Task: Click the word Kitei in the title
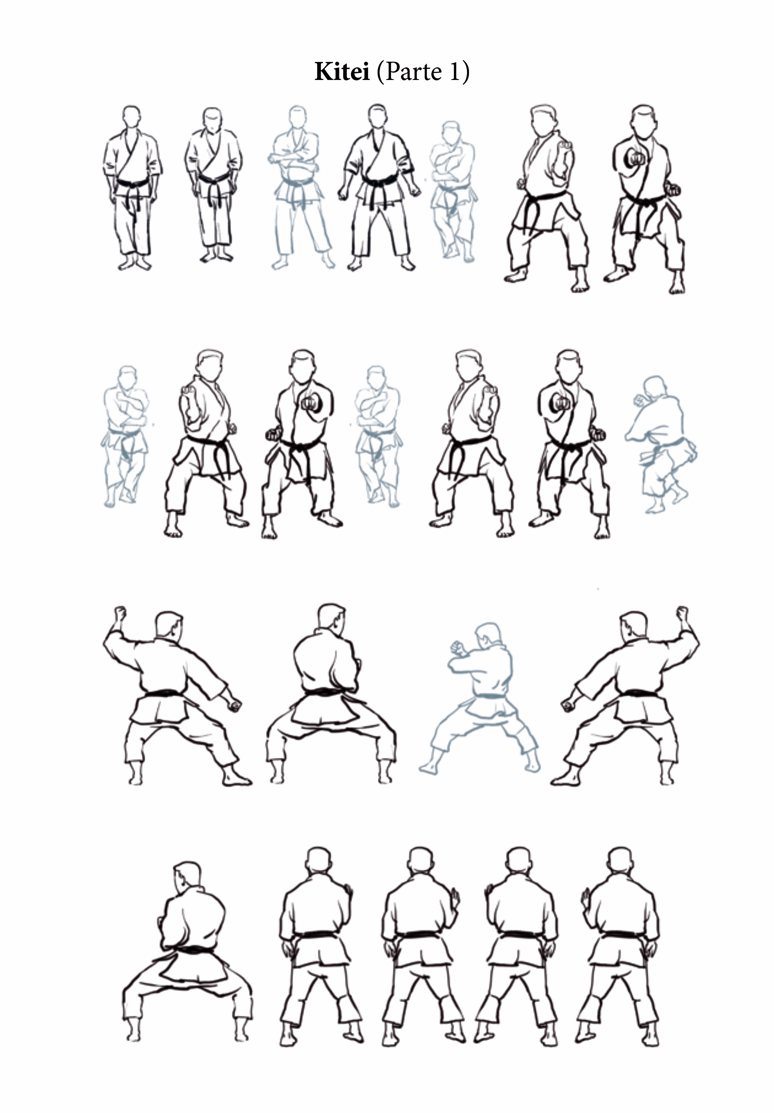[x=342, y=72]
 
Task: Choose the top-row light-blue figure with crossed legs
[x=453, y=192]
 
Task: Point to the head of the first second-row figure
[x=127, y=378]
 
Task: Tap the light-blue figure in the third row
[x=480, y=698]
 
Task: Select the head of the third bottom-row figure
[x=420, y=861]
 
